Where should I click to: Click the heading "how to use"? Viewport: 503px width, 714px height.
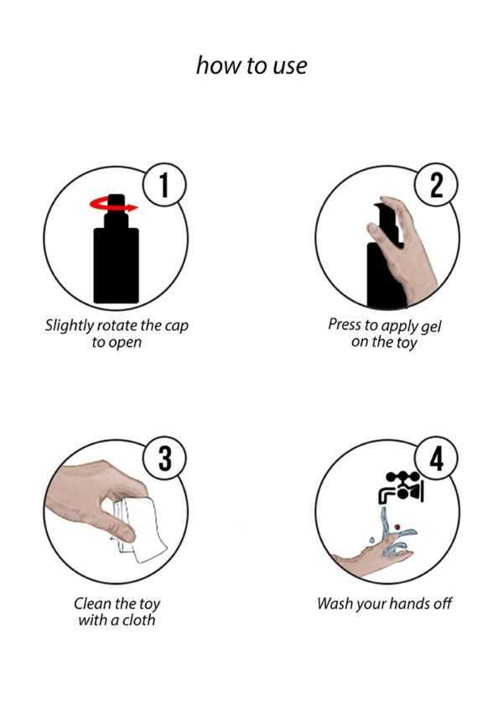251,65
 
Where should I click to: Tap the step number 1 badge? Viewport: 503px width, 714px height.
164,185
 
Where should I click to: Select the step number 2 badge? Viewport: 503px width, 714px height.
436,185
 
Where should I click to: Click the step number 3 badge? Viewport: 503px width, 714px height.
164,458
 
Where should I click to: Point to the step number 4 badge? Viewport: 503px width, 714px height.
436,458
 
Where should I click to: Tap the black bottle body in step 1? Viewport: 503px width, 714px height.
116,265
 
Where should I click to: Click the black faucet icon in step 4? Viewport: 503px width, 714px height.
401,487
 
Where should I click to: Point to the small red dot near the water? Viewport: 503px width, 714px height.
397,527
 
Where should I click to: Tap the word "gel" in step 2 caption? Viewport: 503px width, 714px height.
431,328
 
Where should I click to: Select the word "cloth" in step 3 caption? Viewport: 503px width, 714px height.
138,620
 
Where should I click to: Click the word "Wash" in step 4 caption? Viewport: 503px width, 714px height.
334,604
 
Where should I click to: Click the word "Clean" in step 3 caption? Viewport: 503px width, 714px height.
92,603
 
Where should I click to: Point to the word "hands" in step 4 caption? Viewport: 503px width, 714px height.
410,604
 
